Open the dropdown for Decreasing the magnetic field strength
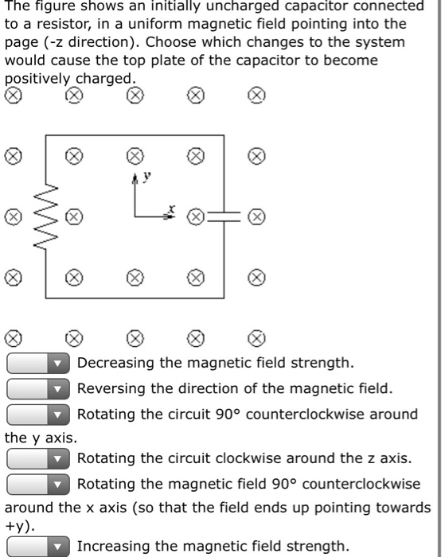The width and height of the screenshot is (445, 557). [x=38, y=364]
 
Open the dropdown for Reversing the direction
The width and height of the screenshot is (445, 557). [x=38, y=389]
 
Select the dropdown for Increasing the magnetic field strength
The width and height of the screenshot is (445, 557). [x=38, y=546]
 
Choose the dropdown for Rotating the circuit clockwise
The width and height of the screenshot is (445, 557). [x=38, y=458]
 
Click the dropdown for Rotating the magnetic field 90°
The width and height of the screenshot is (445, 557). [x=38, y=484]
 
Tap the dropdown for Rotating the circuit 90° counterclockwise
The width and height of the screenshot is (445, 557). [x=38, y=415]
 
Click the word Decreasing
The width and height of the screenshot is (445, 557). [x=115, y=364]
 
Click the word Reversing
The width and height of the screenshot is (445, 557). [x=111, y=389]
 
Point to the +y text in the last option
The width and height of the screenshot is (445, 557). [x=17, y=525]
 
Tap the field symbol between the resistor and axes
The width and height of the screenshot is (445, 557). [x=72, y=216]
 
